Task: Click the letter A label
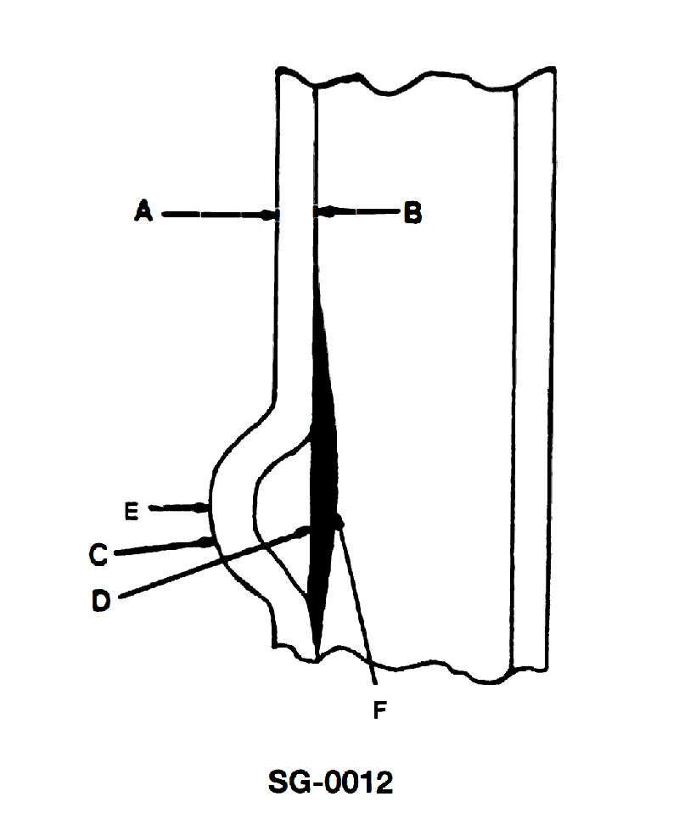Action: pos(143,210)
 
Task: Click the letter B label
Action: pos(412,214)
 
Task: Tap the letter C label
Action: pos(98,554)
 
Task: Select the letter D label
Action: pos(101,601)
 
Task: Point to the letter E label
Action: pos(132,511)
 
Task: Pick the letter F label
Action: pos(379,710)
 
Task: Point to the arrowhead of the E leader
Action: pos(203,507)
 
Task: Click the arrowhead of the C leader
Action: pos(205,543)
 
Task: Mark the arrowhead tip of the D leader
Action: pos(311,529)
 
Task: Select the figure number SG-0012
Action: pos(330,782)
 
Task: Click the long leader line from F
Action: pos(357,602)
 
